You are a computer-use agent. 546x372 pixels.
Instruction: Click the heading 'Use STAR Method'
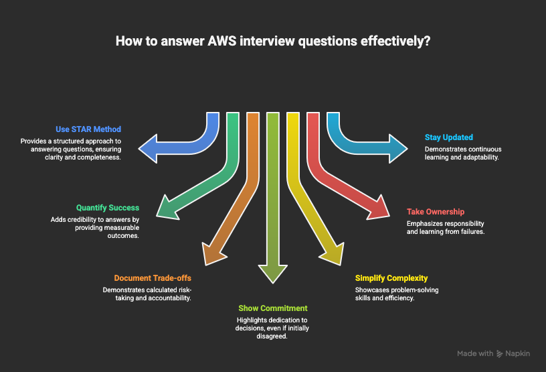pyautogui.click(x=89, y=129)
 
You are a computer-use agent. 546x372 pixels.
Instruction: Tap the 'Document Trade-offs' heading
pyautogui.click(x=153, y=277)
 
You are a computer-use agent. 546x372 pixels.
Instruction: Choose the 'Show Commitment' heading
pyautogui.click(x=273, y=308)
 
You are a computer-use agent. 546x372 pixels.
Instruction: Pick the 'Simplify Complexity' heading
pyautogui.click(x=391, y=277)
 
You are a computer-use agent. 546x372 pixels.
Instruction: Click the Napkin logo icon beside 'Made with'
pyautogui.click(x=502, y=353)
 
